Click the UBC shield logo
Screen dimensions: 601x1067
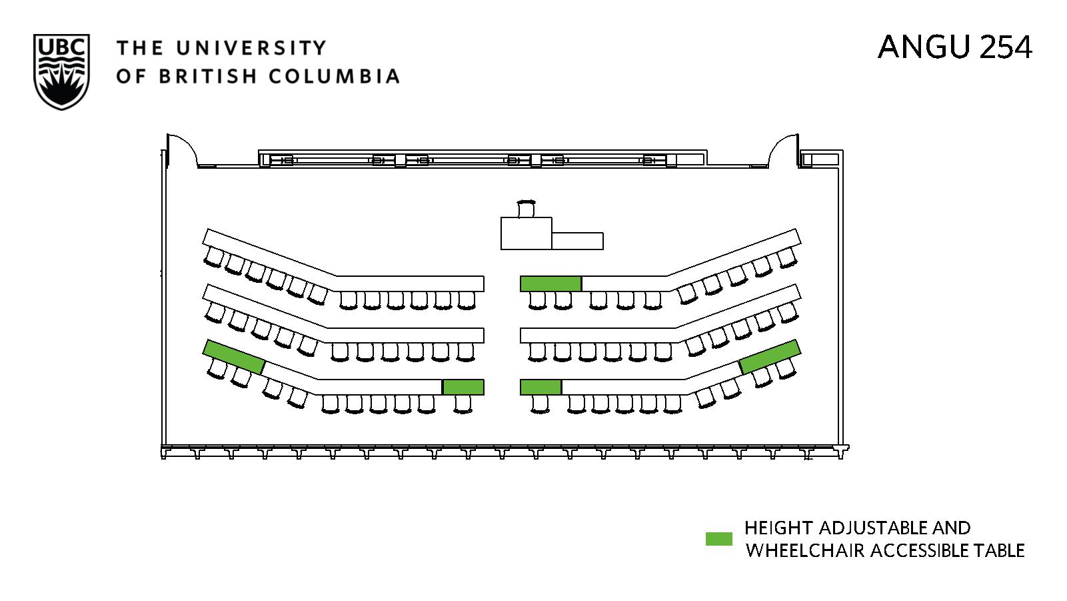(x=61, y=72)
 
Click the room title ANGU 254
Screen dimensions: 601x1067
(x=954, y=47)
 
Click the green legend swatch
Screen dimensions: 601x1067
(x=718, y=539)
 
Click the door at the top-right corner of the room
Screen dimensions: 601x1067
(x=784, y=151)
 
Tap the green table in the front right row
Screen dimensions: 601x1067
(x=550, y=283)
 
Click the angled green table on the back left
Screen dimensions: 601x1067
(x=234, y=356)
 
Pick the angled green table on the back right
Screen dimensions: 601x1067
(x=769, y=356)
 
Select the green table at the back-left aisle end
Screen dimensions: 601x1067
(x=463, y=387)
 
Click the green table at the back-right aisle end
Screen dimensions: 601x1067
(x=540, y=387)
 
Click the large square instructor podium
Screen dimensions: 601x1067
(x=526, y=233)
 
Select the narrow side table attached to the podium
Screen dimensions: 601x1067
(x=577, y=241)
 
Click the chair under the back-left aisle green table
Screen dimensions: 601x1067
(x=463, y=404)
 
